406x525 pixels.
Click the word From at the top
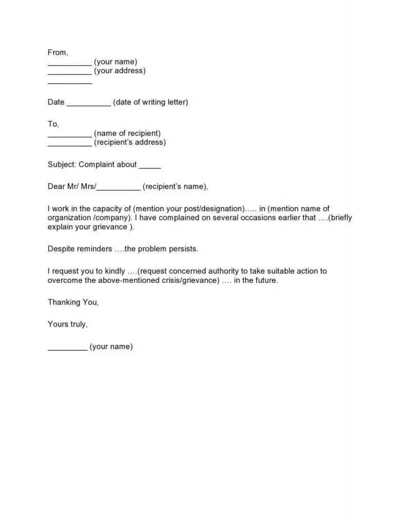coord(57,52)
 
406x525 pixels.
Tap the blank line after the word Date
coord(89,105)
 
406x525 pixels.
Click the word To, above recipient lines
coord(53,124)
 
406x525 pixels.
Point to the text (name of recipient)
coord(127,133)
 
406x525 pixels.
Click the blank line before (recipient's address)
coord(70,146)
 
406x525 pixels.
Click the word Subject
coord(61,165)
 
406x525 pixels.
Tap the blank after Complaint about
coord(150,168)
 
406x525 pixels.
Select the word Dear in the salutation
coord(56,187)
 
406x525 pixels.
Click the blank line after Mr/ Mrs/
coord(118,190)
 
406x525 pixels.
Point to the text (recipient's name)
coord(175,187)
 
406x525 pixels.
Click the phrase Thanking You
coord(73,302)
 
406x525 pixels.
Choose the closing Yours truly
coord(68,324)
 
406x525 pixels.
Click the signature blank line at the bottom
coord(67,349)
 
